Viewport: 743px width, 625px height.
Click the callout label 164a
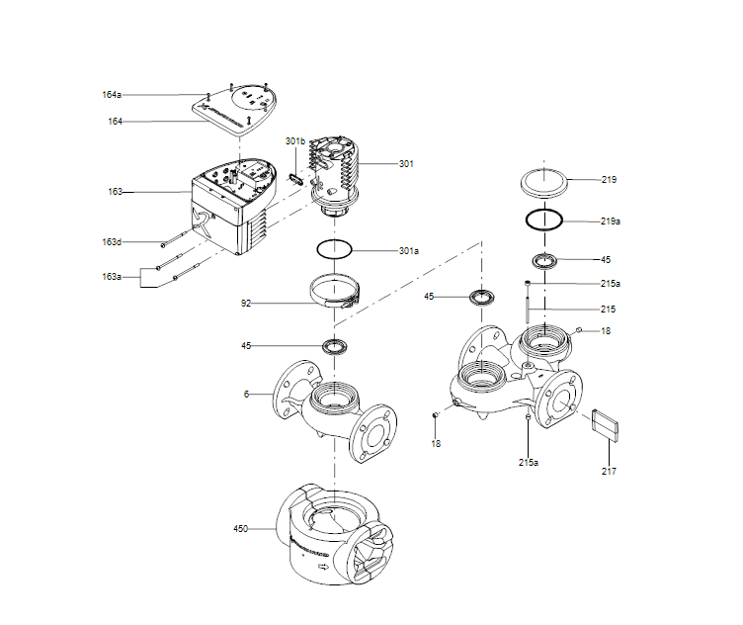click(111, 95)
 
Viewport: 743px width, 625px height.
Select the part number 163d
click(111, 242)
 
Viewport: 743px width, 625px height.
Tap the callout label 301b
click(295, 141)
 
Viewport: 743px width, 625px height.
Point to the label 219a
click(611, 222)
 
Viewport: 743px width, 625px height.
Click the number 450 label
click(241, 528)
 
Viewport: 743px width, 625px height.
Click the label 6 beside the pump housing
click(247, 394)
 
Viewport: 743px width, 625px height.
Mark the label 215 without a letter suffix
click(608, 309)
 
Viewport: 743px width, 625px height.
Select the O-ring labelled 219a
click(544, 220)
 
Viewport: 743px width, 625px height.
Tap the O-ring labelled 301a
click(335, 248)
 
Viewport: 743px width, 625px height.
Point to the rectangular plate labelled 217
click(604, 423)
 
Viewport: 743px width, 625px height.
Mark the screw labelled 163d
click(176, 238)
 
